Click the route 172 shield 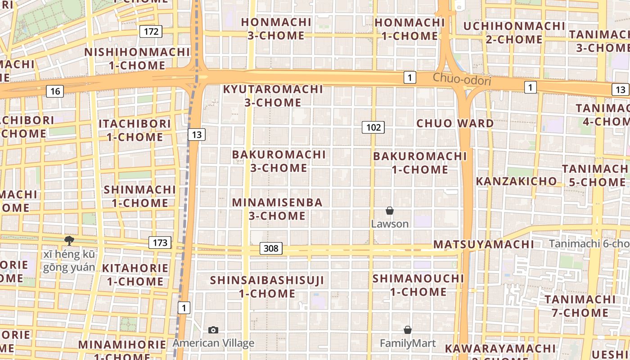click(x=151, y=31)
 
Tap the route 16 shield click(x=55, y=92)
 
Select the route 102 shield click(x=373, y=127)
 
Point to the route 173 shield click(x=160, y=243)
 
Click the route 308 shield click(x=271, y=248)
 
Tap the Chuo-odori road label click(x=462, y=80)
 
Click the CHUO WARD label click(x=455, y=123)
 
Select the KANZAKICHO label click(x=516, y=181)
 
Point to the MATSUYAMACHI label click(x=484, y=244)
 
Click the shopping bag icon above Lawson click(x=390, y=211)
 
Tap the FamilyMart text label click(x=408, y=344)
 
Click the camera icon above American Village click(x=213, y=330)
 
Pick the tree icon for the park click(x=69, y=241)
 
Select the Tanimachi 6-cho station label click(x=589, y=244)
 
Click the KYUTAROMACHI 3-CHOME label click(x=273, y=96)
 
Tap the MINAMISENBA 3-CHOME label click(x=277, y=209)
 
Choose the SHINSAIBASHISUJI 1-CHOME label click(x=267, y=287)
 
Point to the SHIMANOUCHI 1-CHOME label click(x=418, y=285)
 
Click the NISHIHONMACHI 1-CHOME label click(x=137, y=59)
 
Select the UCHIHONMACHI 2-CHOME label click(x=514, y=32)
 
